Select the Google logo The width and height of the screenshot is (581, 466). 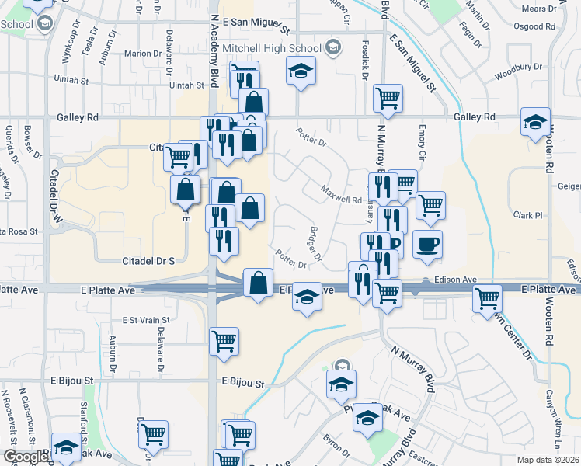(x=26, y=457)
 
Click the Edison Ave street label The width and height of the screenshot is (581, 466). (x=455, y=279)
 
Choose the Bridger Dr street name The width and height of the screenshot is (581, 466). (x=315, y=243)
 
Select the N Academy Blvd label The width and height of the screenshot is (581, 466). (x=214, y=51)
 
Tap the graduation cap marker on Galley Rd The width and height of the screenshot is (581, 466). (x=535, y=123)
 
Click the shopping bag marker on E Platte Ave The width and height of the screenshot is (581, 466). (x=258, y=283)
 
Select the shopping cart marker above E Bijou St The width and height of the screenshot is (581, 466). (x=224, y=340)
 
